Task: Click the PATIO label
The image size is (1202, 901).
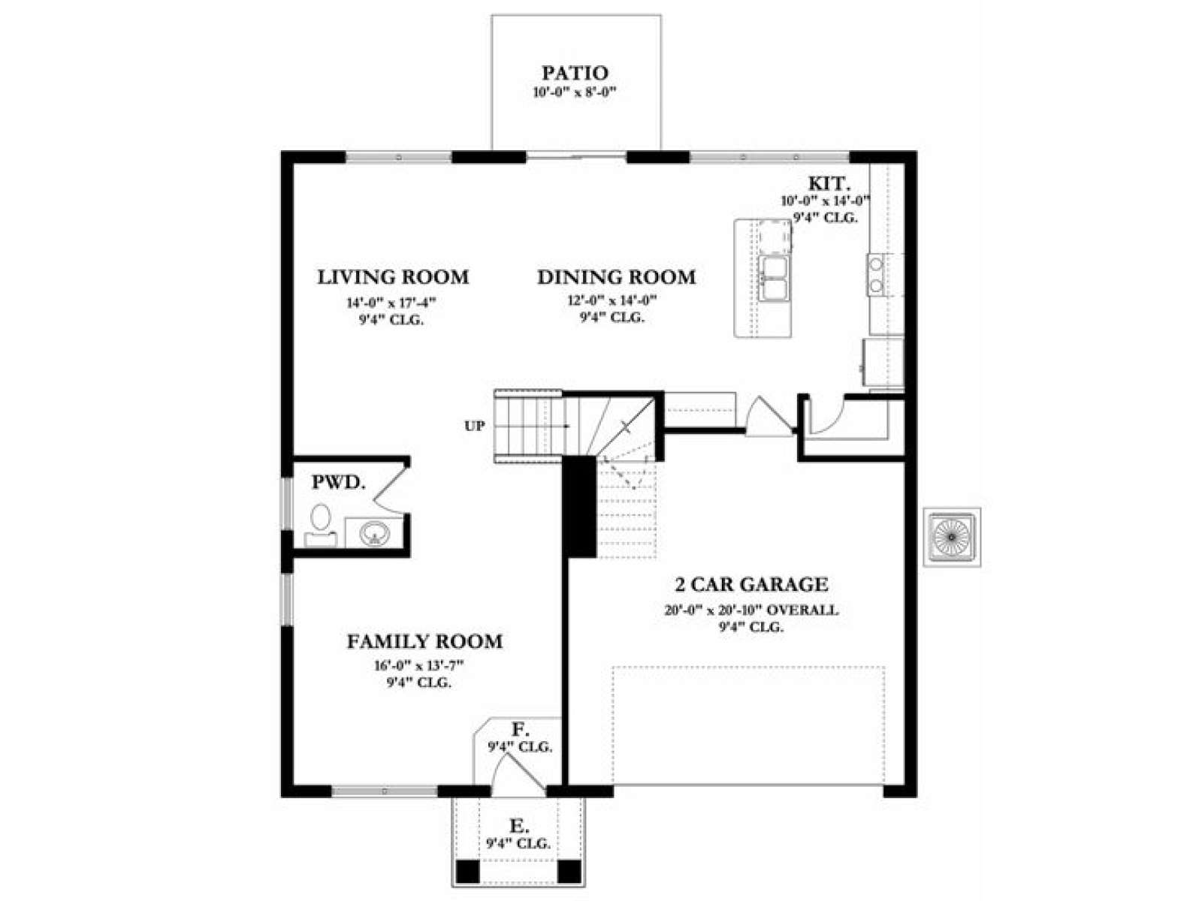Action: click(575, 73)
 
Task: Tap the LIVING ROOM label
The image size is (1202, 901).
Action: click(393, 277)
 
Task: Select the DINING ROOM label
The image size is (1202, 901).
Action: click(616, 277)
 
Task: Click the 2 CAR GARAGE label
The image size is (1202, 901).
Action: click(751, 585)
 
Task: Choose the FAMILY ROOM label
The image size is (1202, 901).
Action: click(424, 641)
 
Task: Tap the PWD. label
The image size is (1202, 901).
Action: click(338, 483)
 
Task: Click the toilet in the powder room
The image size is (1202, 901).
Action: click(320, 525)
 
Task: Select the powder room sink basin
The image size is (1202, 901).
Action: click(375, 532)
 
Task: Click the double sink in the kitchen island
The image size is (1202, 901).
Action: click(774, 279)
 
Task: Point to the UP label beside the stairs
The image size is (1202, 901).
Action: click(474, 426)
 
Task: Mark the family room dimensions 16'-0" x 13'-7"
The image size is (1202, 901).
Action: click(419, 666)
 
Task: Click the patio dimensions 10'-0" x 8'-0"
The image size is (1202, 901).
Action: click(575, 92)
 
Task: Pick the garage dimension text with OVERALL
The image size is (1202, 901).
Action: click(751, 610)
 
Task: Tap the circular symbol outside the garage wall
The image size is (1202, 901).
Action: click(952, 537)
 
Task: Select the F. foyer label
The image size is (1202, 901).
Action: click(519, 729)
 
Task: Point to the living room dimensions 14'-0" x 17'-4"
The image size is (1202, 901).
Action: click(391, 303)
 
